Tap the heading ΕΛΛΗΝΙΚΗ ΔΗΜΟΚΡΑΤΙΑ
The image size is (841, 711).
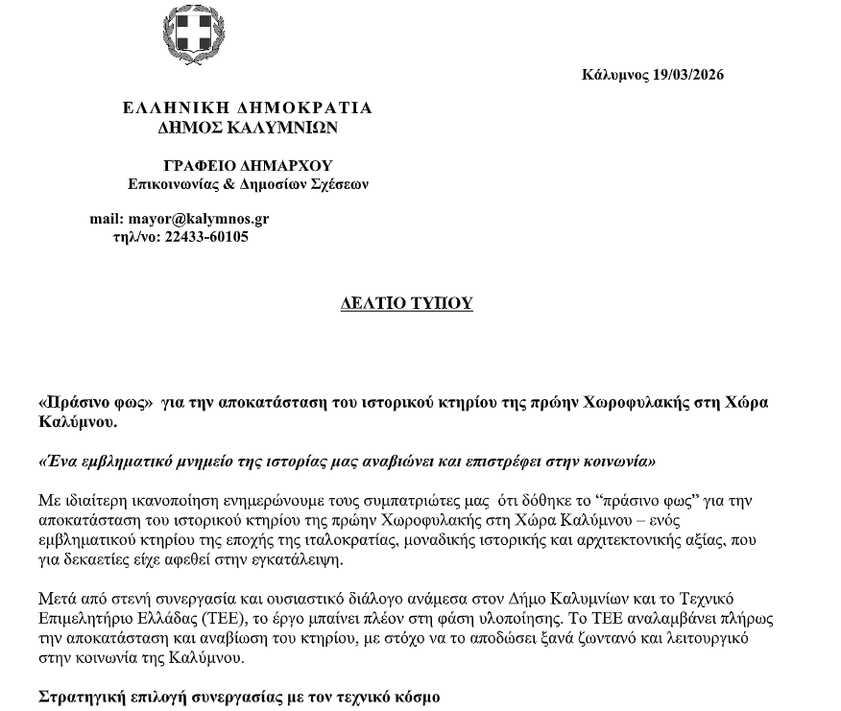click(x=248, y=108)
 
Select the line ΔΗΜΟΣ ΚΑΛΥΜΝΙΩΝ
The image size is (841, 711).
click(x=248, y=128)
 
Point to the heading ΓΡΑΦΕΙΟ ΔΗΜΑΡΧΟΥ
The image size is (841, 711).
click(x=248, y=166)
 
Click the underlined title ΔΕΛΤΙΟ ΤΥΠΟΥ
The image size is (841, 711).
click(x=407, y=304)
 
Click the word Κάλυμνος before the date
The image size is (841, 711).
click(x=615, y=75)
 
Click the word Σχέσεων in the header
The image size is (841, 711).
click(x=341, y=184)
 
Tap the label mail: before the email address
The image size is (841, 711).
click(x=107, y=219)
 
